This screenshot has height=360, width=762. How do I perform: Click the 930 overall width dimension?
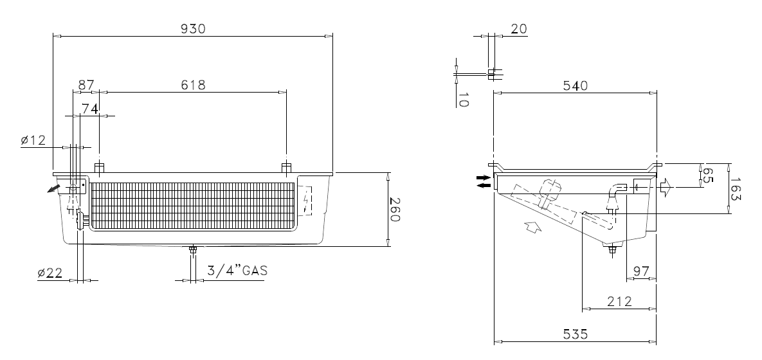(193, 29)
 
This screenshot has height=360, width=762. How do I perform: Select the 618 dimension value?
(193, 85)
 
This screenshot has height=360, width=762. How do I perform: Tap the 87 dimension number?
(86, 85)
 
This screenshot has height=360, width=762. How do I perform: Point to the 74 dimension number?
(90, 109)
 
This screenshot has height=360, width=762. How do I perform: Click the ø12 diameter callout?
(33, 140)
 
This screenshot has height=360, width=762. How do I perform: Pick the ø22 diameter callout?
(50, 273)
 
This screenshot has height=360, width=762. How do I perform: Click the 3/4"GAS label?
(237, 270)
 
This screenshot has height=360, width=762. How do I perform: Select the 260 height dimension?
(394, 210)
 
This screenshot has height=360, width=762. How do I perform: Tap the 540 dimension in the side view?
(576, 85)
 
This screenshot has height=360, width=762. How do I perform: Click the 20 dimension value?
(518, 29)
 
